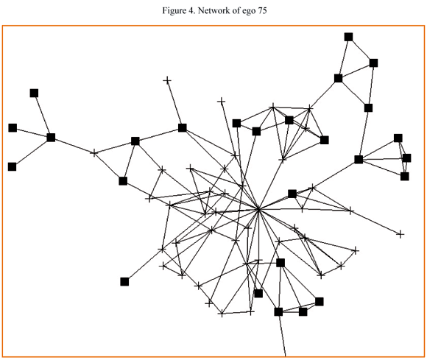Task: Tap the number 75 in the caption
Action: point(261,10)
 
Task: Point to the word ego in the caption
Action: point(249,12)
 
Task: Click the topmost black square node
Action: point(348,37)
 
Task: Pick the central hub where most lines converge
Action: point(258,209)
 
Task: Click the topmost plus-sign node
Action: point(167,80)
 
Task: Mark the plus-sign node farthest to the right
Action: point(400,234)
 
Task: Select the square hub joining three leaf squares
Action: point(51,138)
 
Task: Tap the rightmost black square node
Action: point(406,158)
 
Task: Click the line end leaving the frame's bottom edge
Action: point(286,356)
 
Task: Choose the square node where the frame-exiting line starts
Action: point(278,312)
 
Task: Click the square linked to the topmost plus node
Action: point(182,127)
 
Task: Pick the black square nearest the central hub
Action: point(292,194)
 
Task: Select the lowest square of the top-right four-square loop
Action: point(368,107)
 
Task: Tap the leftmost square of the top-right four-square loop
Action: point(338,78)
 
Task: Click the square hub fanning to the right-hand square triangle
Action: point(359,159)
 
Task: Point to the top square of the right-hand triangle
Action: point(398,138)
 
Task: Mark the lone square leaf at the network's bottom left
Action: point(124,281)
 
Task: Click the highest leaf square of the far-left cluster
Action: point(34,93)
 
